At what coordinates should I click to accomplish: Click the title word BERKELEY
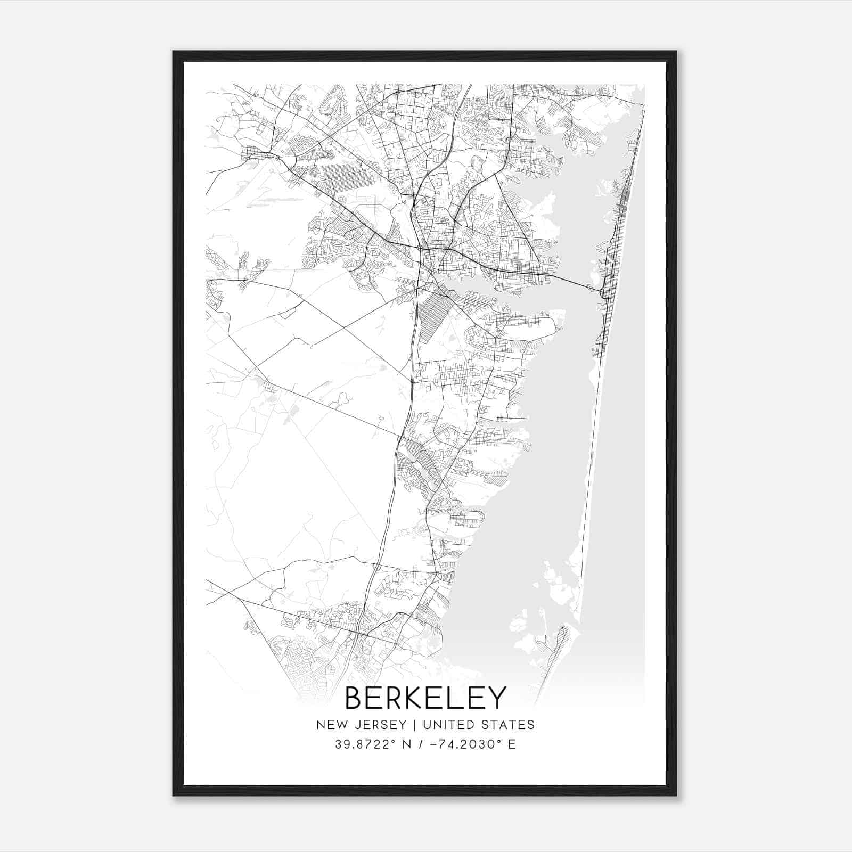pos(425,698)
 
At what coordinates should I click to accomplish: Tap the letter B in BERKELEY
pos(355,698)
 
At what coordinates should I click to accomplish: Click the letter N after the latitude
pos(408,744)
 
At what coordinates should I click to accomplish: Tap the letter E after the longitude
pos(512,744)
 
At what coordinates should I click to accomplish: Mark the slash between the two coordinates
pos(422,744)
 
